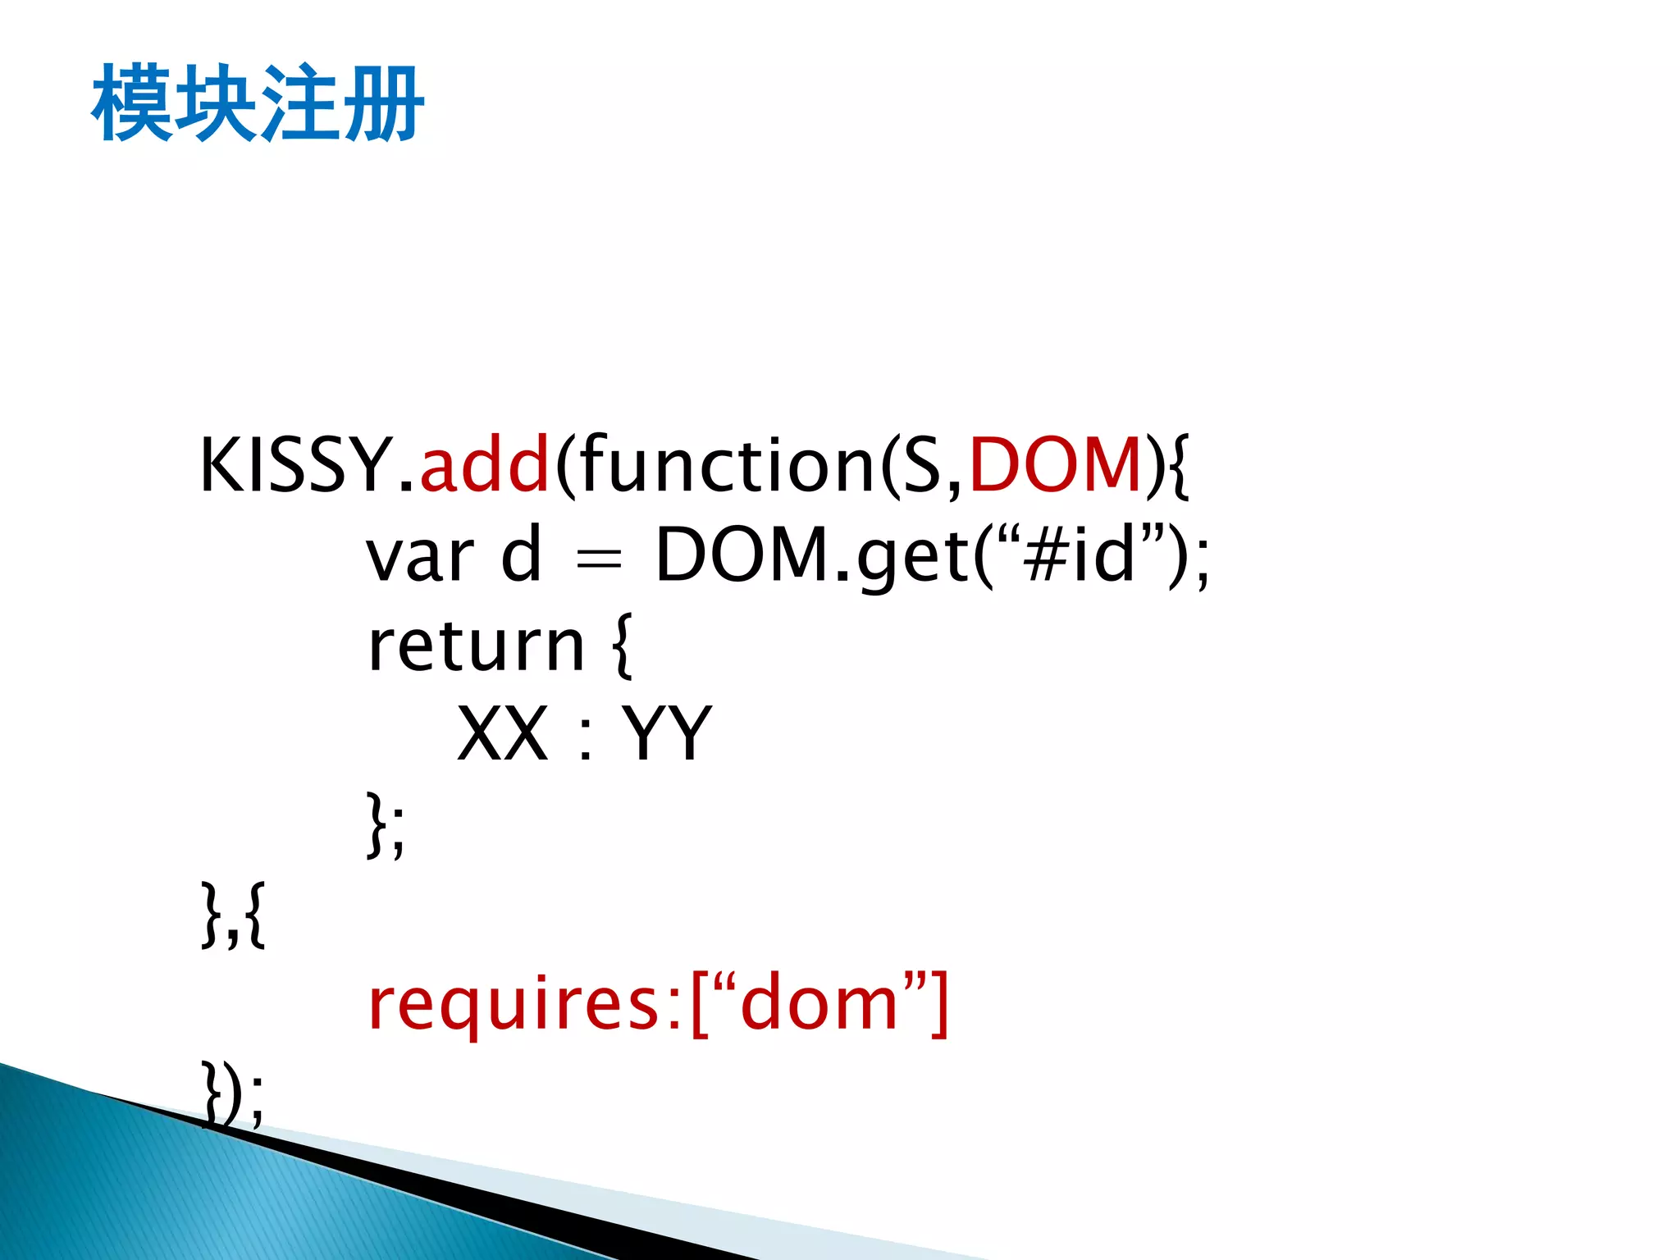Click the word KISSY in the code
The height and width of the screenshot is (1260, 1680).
[296, 466]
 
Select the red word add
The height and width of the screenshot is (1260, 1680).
[484, 466]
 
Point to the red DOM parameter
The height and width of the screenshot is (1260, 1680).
[1056, 466]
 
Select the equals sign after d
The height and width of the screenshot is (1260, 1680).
[599, 560]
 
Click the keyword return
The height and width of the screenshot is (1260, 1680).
[476, 646]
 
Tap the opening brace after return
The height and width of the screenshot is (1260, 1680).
[623, 646]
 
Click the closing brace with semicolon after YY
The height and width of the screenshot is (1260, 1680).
[385, 824]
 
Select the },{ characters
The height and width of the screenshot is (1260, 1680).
[233, 915]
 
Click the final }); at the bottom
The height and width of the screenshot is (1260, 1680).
[233, 1093]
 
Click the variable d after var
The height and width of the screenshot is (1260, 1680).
[522, 555]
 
